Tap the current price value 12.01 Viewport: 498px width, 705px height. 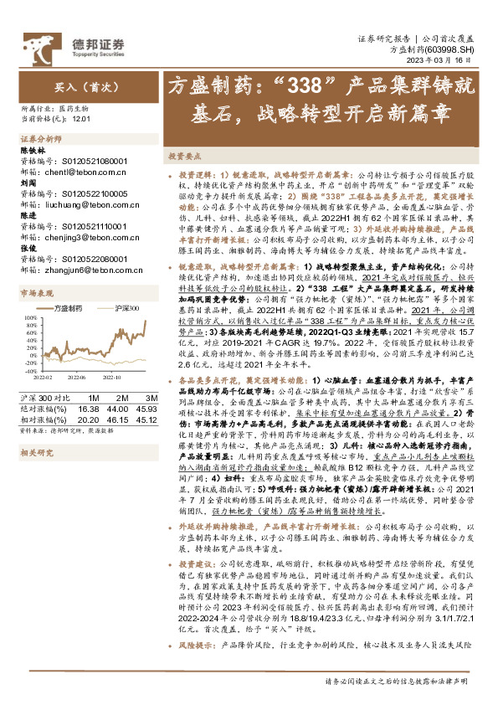pyautogui.click(x=80, y=120)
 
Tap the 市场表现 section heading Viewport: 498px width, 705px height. pyautogui.click(x=36, y=293)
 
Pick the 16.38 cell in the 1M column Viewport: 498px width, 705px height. pyautogui.click(x=87, y=408)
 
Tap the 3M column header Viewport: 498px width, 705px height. pyautogui.click(x=152, y=398)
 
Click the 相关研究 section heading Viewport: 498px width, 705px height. pyautogui.click(x=36, y=453)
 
